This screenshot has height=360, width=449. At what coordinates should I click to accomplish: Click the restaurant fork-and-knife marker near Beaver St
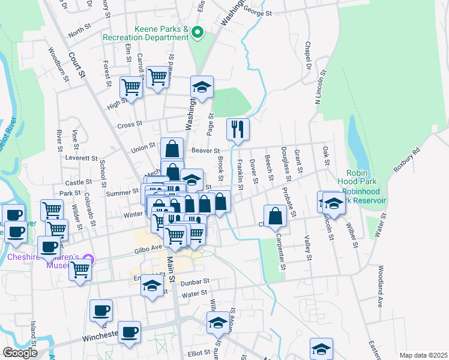tap(238, 128)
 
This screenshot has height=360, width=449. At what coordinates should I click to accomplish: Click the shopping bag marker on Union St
tap(172, 148)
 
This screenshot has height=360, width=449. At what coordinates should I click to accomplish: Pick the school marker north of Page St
tap(202, 87)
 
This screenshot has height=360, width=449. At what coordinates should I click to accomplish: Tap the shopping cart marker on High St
tap(130, 87)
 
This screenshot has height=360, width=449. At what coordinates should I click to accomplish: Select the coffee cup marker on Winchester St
tap(129, 332)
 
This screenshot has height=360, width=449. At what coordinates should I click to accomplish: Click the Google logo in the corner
tap(20, 353)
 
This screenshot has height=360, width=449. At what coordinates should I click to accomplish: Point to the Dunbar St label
tap(193, 281)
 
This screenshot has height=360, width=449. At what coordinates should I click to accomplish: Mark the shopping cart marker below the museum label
tap(80, 269)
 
